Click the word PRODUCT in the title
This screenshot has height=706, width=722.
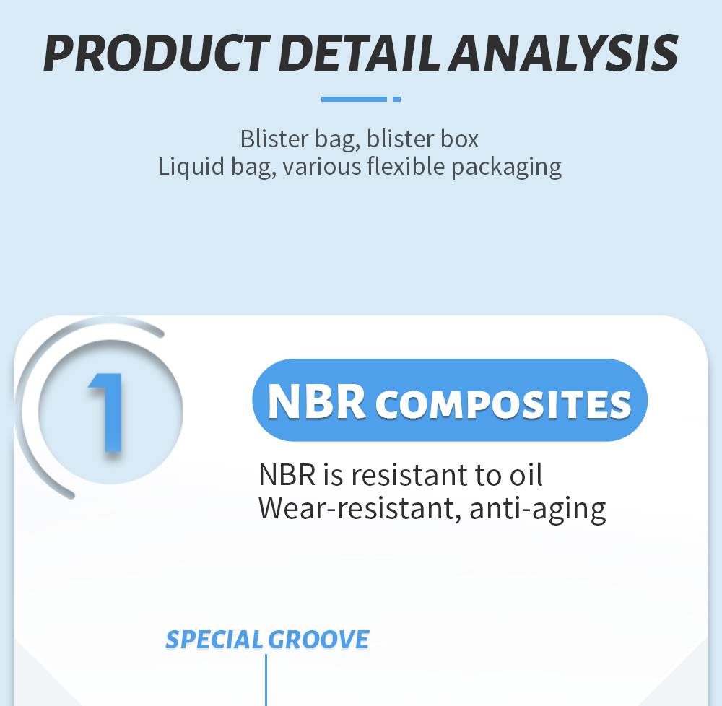(x=157, y=53)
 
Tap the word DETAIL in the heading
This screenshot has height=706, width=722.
(x=359, y=53)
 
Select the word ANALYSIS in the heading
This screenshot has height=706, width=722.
(x=563, y=53)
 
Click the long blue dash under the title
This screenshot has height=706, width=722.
(x=354, y=99)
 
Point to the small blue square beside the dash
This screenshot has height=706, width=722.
(x=396, y=99)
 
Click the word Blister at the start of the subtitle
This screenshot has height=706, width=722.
(x=274, y=139)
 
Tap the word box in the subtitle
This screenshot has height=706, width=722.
(x=459, y=139)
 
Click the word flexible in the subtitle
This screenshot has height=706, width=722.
(x=406, y=166)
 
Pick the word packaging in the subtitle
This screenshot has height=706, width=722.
(x=506, y=167)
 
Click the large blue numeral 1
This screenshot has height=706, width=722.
(x=106, y=412)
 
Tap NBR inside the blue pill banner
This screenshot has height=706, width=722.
(x=316, y=401)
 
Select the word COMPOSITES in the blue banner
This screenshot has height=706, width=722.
(x=503, y=404)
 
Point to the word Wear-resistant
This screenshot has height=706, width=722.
(x=360, y=509)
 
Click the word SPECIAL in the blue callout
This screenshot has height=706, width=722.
(x=214, y=640)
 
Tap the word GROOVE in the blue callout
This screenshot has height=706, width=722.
(x=318, y=640)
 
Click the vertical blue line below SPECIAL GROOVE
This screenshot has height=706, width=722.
(x=266, y=680)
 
